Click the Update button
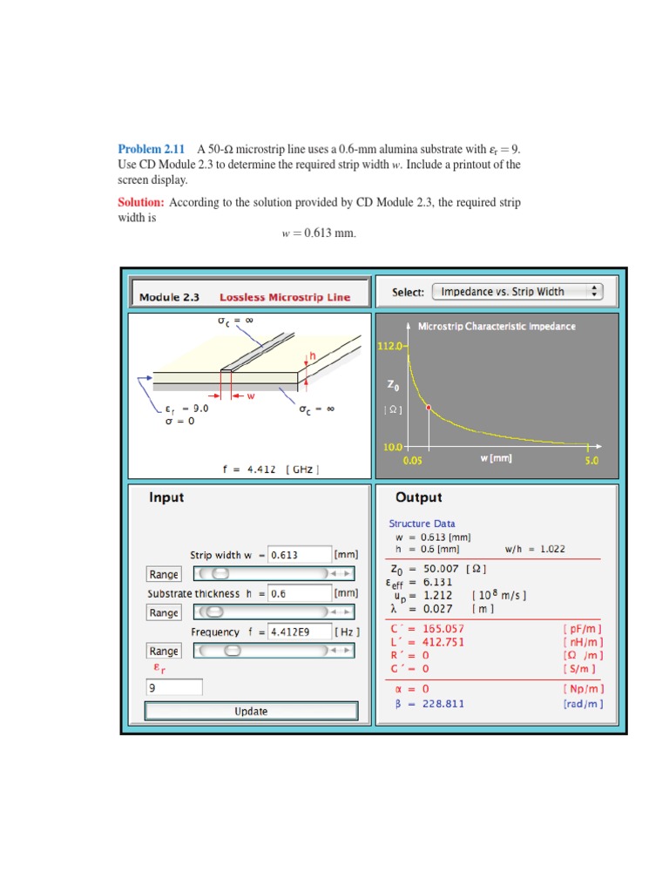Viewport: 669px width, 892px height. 251,711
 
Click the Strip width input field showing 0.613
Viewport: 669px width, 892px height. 299,555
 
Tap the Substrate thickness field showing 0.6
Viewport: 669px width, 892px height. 299,593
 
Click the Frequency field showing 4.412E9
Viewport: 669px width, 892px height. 299,632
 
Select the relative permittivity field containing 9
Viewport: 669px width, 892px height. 174,687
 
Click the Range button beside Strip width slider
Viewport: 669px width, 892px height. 163,574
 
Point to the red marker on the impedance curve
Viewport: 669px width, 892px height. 428,407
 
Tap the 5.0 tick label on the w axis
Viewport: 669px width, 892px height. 591,460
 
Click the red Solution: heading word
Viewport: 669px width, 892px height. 141,202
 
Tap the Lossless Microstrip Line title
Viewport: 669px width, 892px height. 285,297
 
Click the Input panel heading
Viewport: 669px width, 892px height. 167,497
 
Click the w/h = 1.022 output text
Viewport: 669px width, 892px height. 535,549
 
